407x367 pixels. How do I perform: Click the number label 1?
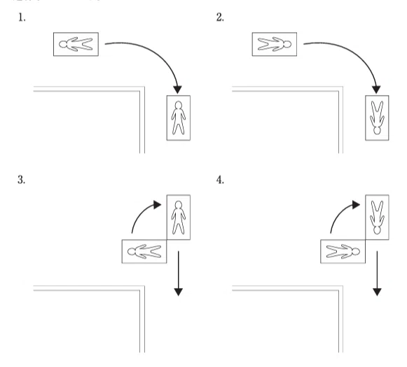22,17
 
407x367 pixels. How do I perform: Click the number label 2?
220,17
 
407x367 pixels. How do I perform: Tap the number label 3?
22,180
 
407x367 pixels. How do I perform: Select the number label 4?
220,180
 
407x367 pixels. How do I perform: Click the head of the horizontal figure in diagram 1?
63,44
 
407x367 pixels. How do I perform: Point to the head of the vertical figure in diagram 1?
179,105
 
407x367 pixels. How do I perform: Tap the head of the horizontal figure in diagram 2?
287,44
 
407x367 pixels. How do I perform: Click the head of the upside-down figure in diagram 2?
377,130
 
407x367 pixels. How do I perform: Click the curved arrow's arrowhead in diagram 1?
177,89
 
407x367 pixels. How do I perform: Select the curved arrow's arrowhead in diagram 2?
376,89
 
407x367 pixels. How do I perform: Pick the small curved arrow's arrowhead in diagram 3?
158,205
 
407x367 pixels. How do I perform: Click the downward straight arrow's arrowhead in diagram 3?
179,292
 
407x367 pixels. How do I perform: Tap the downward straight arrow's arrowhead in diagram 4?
377,292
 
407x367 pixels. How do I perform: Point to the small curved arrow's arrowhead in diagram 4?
356,205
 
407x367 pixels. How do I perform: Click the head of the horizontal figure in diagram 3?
131,252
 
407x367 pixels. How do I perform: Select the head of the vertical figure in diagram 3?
179,205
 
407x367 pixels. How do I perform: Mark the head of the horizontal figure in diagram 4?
356,252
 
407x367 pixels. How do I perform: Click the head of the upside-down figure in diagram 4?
377,230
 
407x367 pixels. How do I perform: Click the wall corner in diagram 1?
142,89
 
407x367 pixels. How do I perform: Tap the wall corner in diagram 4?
341,288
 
